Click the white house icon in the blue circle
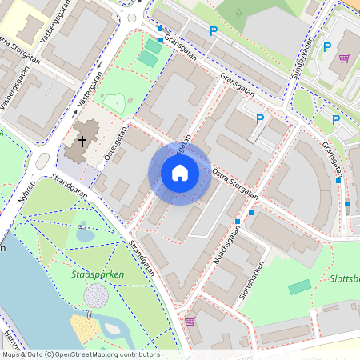(x=180, y=173)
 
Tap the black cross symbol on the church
(x=82, y=142)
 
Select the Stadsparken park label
(x=94, y=274)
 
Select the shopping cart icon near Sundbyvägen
(x=344, y=58)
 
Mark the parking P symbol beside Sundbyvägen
(x=326, y=47)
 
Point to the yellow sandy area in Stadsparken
(x=86, y=327)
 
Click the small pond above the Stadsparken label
(x=84, y=235)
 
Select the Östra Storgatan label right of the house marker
(x=234, y=182)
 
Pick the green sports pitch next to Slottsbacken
(x=300, y=286)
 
